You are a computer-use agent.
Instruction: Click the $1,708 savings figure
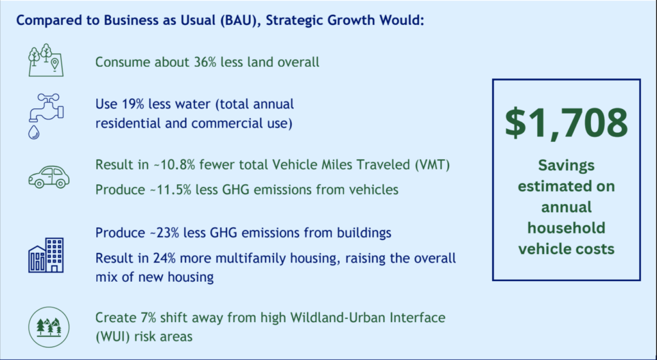tap(566, 124)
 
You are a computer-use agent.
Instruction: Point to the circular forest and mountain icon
tap(47, 327)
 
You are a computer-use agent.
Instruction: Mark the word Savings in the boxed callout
tap(567, 166)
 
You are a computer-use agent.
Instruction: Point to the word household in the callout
tap(567, 228)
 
